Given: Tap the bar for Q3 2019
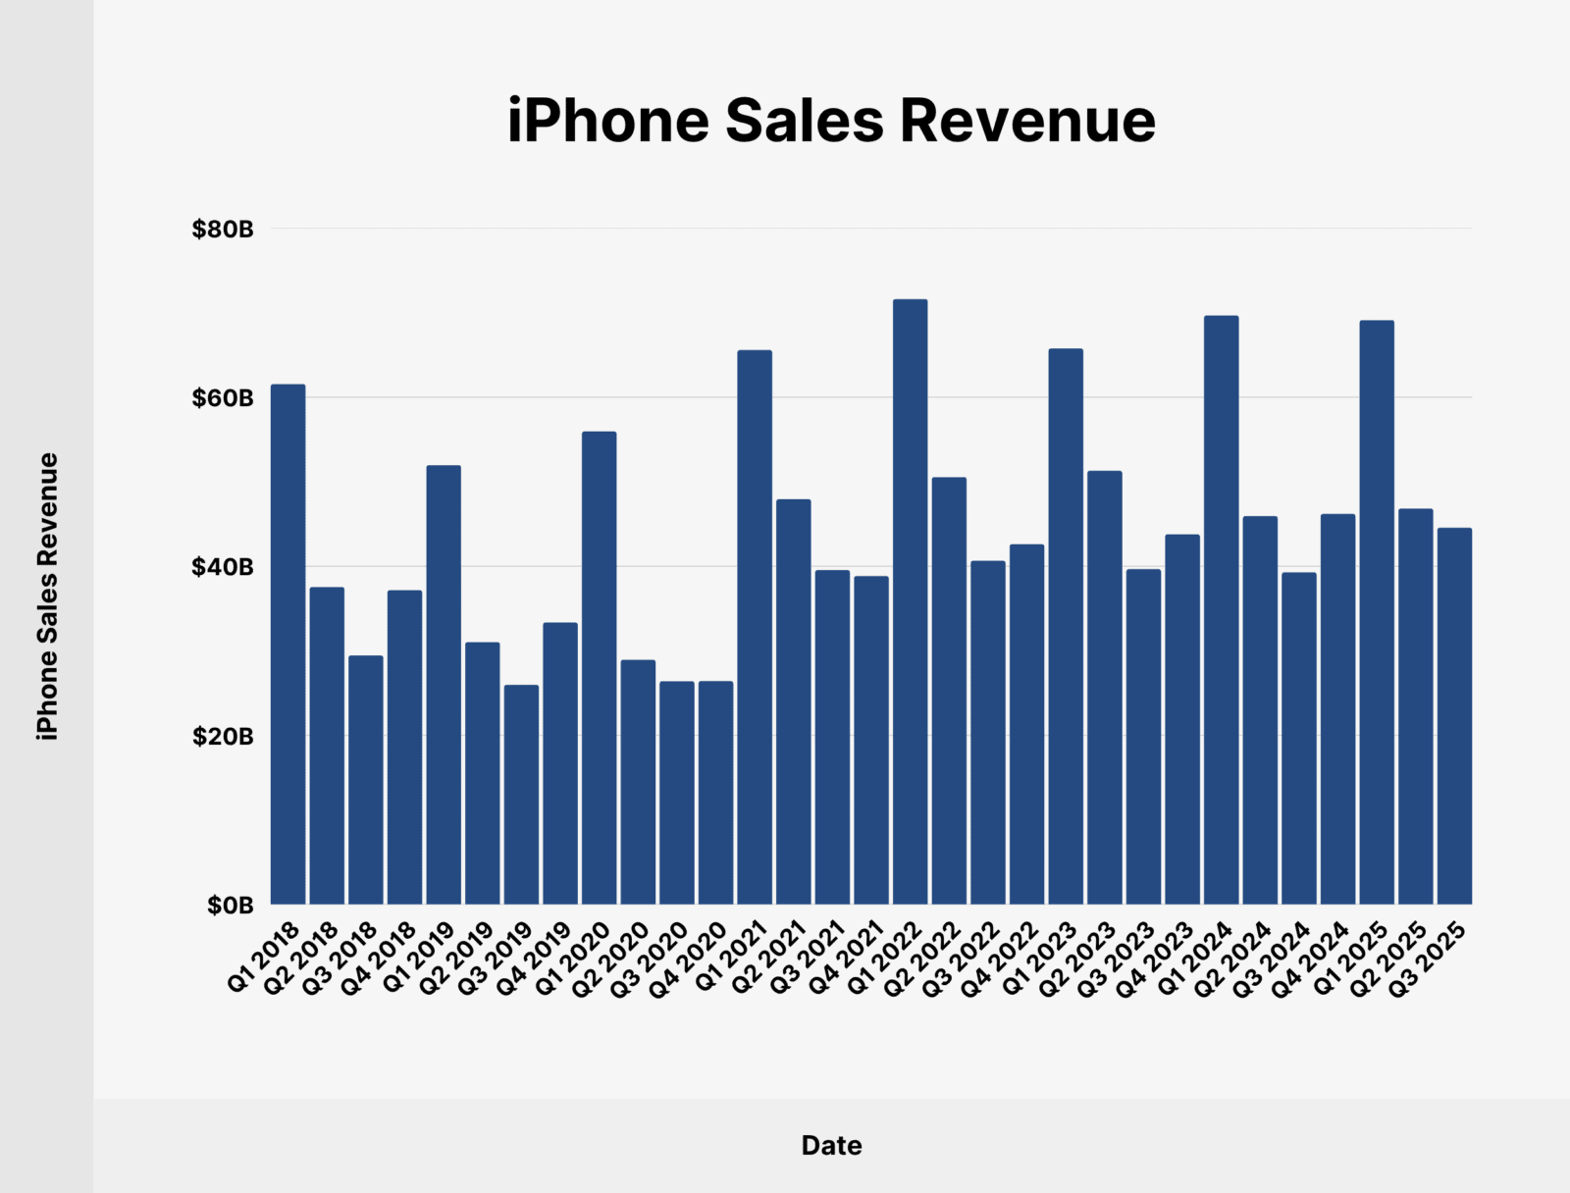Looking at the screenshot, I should click(521, 794).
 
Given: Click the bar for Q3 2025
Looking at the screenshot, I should click(1454, 715).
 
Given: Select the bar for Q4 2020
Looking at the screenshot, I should click(715, 792).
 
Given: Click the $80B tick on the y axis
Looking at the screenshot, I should click(223, 230).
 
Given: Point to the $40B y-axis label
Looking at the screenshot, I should click(223, 567).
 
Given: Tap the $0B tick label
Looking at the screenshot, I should click(230, 905).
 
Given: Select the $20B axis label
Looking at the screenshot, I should click(223, 736).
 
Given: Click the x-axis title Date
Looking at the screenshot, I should click(831, 1145).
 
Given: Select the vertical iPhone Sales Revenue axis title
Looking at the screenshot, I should click(47, 596).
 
